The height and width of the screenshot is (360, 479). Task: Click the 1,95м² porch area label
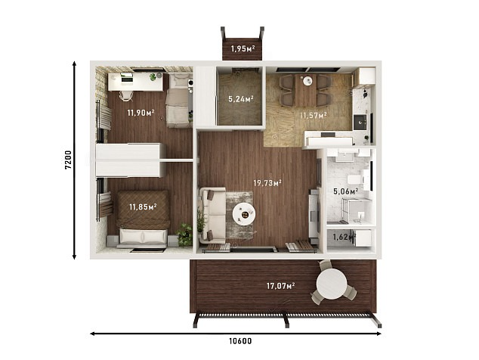coord(243,48)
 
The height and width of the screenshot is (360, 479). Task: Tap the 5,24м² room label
coord(241,99)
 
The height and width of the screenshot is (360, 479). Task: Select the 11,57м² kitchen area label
coord(314,115)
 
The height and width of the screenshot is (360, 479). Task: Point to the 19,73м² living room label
coord(267,183)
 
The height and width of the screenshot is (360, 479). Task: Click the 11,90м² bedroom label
coord(141,113)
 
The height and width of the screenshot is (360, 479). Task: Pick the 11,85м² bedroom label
coord(143,207)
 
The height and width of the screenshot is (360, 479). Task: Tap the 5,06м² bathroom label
coord(346,192)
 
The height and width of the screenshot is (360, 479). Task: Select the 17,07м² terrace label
coord(281,286)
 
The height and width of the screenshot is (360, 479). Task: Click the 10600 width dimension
coord(241,341)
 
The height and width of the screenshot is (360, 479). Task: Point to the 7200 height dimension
coord(68,160)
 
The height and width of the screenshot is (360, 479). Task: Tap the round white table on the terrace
coord(332,284)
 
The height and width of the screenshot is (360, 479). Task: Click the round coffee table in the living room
coord(244,214)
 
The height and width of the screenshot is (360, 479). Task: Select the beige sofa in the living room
coord(212,216)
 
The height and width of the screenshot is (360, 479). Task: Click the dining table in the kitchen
coord(307,90)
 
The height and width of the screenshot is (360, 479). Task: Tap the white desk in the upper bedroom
coord(135,82)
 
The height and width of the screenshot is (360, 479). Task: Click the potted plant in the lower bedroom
coord(184,234)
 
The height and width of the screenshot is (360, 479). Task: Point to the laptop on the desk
coord(127,77)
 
